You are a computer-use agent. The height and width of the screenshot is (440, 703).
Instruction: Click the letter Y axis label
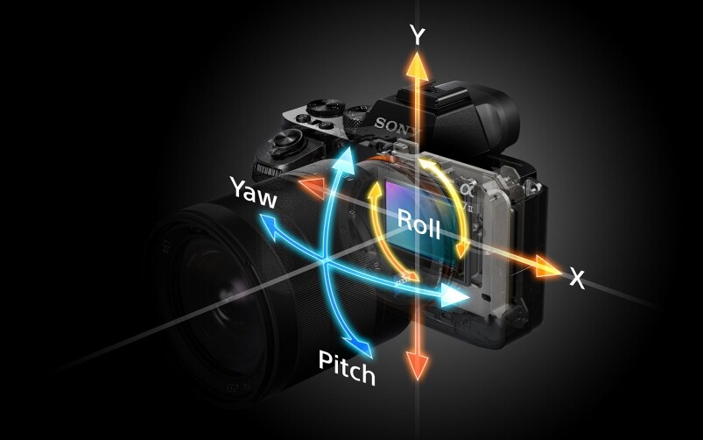[x=417, y=35]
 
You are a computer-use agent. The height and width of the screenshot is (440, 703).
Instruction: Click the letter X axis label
[x=578, y=278]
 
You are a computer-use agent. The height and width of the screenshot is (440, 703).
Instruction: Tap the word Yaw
[x=253, y=193]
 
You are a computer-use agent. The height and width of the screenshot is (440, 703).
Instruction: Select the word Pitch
[x=347, y=368]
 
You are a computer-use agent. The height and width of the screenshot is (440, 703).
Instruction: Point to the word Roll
[x=418, y=224]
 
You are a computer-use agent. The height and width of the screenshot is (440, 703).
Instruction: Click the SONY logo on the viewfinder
[x=397, y=125]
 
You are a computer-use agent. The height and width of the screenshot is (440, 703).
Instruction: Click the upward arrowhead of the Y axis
[x=418, y=65]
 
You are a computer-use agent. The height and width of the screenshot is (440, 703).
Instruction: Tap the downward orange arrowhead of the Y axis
[x=418, y=365]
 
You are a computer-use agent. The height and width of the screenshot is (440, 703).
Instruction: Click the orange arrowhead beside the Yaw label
[x=311, y=188]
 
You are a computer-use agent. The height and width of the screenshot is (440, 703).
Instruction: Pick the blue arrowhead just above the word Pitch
[x=362, y=345]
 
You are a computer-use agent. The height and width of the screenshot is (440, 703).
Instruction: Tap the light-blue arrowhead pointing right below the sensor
[x=453, y=296]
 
